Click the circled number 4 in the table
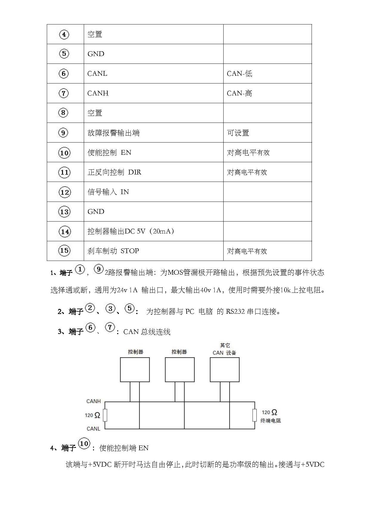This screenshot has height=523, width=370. [x=64, y=35]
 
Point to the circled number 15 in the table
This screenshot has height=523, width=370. [x=64, y=251]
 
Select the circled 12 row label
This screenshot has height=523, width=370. [x=64, y=192]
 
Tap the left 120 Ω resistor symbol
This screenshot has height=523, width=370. [x=105, y=415]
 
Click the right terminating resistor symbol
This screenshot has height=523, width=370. [x=255, y=415]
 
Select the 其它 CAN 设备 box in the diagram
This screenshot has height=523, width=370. [x=225, y=370]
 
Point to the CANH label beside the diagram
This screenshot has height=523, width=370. [x=94, y=401]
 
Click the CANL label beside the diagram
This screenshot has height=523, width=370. [x=93, y=429]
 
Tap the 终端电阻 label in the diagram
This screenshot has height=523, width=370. [x=271, y=421]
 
